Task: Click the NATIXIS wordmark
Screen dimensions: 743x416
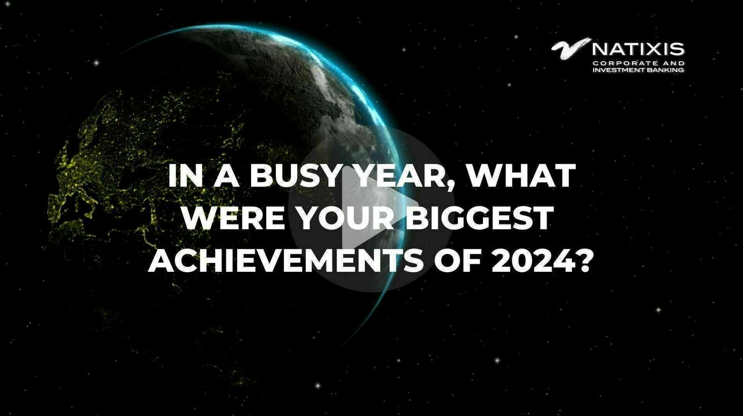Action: [638, 49]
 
